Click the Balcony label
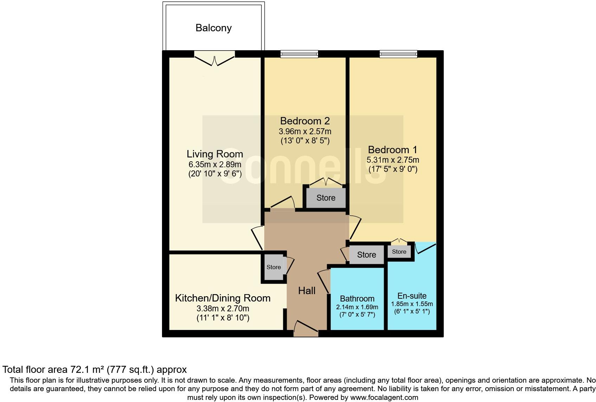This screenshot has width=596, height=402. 213,28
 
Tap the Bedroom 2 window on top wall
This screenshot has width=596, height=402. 299,54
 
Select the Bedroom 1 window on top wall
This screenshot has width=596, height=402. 398,54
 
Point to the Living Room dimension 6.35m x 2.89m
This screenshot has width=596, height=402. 215,164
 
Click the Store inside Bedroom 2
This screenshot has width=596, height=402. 326,198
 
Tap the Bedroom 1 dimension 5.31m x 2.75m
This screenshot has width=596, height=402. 393,160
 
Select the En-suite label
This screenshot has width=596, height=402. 412,296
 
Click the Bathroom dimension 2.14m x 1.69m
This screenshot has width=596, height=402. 357,307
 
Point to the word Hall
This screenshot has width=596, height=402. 306,291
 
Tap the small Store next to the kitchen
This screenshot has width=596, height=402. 273,267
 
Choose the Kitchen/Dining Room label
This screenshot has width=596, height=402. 222,298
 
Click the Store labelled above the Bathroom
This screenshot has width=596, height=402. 366,255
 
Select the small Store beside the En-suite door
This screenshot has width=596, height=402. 399,252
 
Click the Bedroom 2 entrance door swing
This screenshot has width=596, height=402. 283,203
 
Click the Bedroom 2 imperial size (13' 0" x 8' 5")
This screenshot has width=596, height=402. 305,141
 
